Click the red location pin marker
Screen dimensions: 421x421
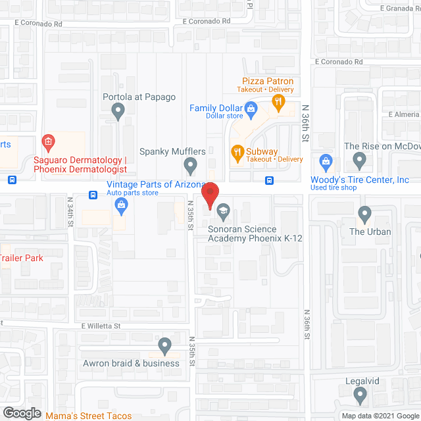210,195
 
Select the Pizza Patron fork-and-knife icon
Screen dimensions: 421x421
278,102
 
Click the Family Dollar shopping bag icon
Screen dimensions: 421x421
251,108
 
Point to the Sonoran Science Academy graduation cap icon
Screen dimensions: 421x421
223,210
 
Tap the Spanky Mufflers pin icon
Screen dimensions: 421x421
190,164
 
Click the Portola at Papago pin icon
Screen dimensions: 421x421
118,112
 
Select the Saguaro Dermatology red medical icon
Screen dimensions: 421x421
47,141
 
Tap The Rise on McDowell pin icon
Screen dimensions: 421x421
359,159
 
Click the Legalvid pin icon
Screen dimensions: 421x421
360,395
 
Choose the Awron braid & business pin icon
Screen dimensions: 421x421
164,345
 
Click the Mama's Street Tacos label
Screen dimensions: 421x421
88,416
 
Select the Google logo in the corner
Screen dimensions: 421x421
22,412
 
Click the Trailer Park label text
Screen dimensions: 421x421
22,258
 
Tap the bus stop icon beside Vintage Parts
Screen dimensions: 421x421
93,195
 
